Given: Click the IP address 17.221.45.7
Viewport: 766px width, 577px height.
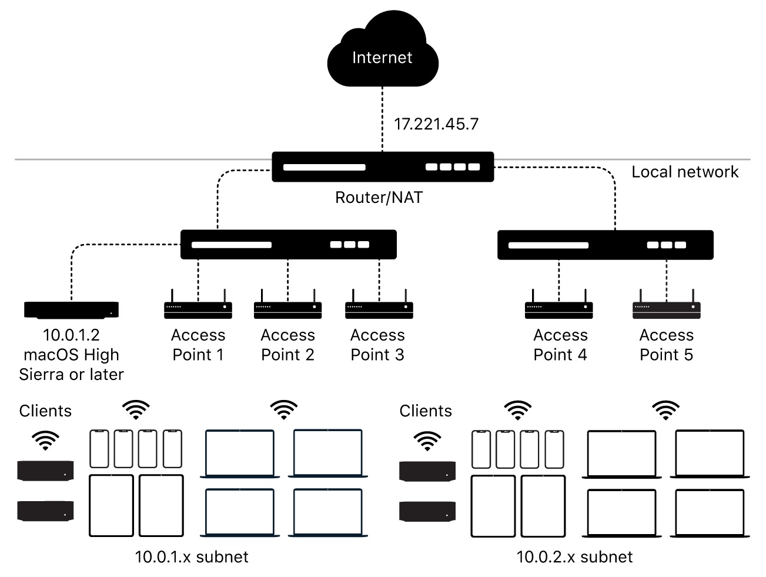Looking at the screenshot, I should [436, 124].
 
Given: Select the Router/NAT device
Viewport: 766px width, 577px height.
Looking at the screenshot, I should [383, 167].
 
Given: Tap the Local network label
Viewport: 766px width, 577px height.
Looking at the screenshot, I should [685, 172].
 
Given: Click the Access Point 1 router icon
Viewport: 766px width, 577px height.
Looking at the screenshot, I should [198, 307].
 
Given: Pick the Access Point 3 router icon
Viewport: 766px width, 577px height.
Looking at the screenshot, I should [379, 307].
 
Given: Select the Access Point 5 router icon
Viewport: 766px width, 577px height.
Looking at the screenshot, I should [667, 307].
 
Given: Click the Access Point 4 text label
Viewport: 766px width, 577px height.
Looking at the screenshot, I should [560, 345].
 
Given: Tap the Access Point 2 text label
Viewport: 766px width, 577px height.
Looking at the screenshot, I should [287, 345].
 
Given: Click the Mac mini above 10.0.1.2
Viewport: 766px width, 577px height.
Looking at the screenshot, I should [71, 309].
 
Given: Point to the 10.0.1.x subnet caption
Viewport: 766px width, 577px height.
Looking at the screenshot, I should [192, 556].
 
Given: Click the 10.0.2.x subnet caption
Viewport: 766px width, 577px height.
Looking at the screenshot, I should [574, 556].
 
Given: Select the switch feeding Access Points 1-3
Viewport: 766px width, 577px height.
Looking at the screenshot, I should [288, 245].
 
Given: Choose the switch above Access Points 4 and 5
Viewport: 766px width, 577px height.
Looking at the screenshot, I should [605, 245].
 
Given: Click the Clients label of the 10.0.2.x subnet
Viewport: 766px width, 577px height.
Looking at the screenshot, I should [426, 411].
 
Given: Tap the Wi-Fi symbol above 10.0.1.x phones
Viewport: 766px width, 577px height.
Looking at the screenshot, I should [136, 409].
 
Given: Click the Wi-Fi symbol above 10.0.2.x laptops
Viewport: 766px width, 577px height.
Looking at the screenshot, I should [665, 410].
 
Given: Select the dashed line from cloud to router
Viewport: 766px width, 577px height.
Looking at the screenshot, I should [382, 118].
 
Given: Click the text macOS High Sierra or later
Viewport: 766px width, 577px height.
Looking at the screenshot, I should [71, 364].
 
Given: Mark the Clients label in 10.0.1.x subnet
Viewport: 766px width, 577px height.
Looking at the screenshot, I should [45, 411].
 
